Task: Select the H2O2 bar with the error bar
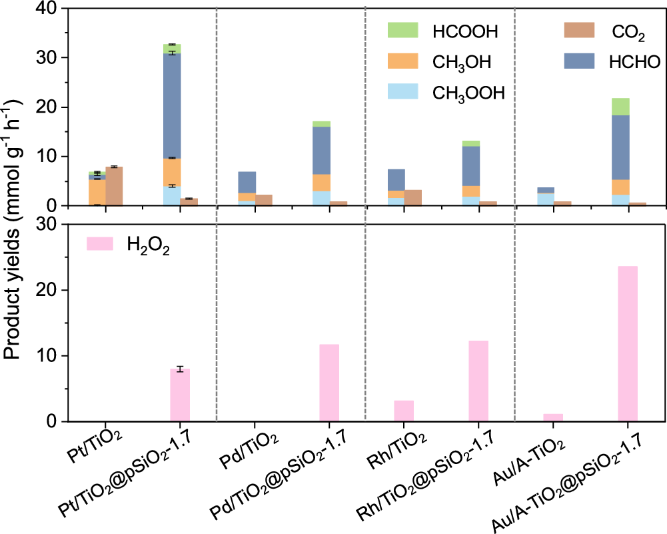pyautogui.click(x=180, y=395)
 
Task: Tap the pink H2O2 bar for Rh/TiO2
pyautogui.click(x=404, y=411)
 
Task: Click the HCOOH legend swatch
pyautogui.click(x=402, y=30)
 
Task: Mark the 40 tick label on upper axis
pyautogui.click(x=48, y=9)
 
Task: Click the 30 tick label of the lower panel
pyautogui.click(x=48, y=225)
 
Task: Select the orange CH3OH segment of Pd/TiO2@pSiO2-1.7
pyautogui.click(x=322, y=183)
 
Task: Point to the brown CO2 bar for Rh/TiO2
pyautogui.click(x=413, y=198)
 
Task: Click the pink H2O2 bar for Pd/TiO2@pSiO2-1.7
pyautogui.click(x=329, y=383)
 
